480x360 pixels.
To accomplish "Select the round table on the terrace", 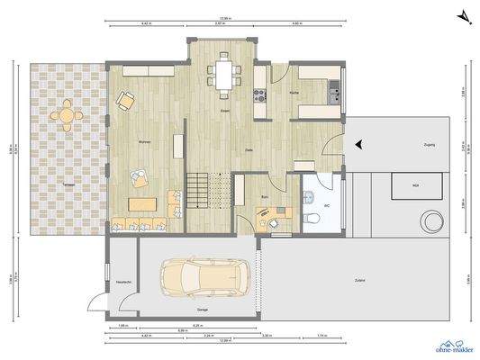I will click(65, 115).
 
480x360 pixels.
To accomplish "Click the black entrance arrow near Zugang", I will click(358, 143).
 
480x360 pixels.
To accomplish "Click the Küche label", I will click(294, 93).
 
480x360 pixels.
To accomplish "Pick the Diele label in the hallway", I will click(249, 149).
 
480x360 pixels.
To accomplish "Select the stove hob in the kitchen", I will click(261, 94).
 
